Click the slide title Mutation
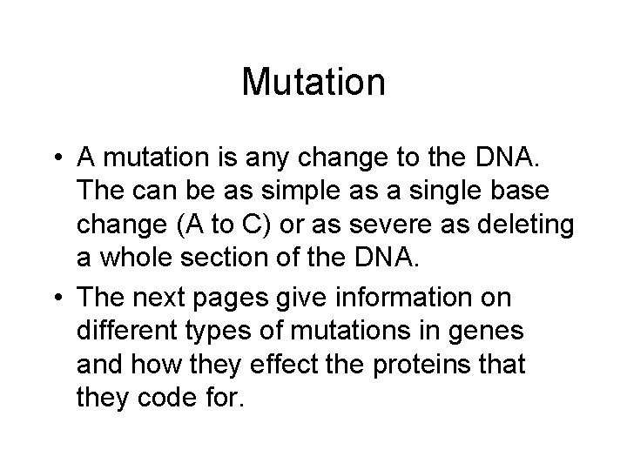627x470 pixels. coord(313,83)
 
